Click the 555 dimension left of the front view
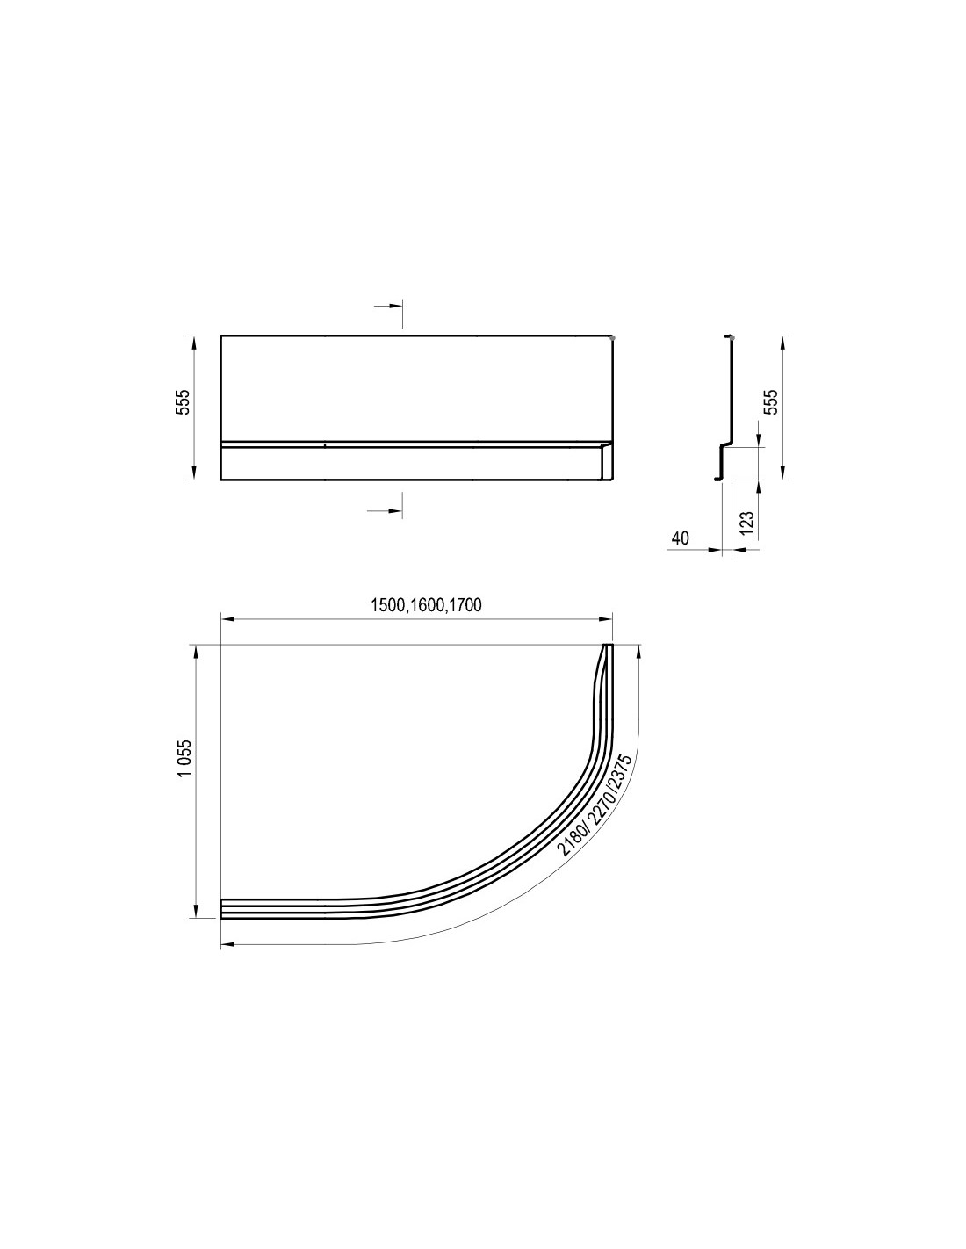click(x=182, y=407)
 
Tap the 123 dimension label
click(x=746, y=523)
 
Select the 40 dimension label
click(x=680, y=538)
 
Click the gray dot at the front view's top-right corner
click(x=613, y=337)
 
